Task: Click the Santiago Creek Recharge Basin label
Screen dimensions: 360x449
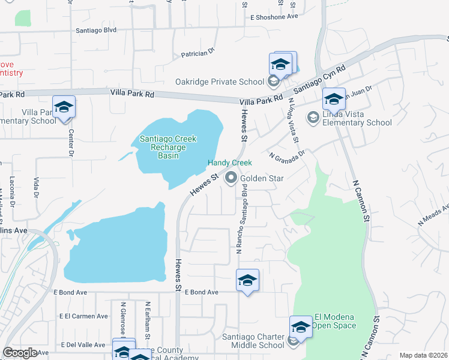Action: [168, 147]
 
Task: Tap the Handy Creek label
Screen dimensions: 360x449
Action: [229, 163]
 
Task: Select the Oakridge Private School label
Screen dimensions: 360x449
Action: [219, 82]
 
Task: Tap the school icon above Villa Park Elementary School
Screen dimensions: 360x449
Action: [64, 107]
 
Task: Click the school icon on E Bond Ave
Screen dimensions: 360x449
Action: [247, 281]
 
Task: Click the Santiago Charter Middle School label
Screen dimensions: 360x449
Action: [253, 341]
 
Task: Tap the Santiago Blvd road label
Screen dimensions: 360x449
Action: [96, 29]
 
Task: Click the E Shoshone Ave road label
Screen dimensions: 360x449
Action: [274, 16]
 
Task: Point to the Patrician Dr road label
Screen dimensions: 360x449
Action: [197, 53]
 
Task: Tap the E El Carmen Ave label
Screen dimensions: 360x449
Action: [83, 316]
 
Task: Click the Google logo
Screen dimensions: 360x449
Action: [20, 353]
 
